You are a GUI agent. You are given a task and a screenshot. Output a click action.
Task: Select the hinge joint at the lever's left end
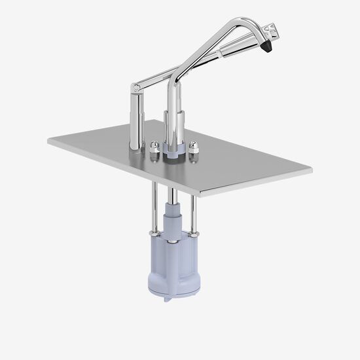tap(135, 86)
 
